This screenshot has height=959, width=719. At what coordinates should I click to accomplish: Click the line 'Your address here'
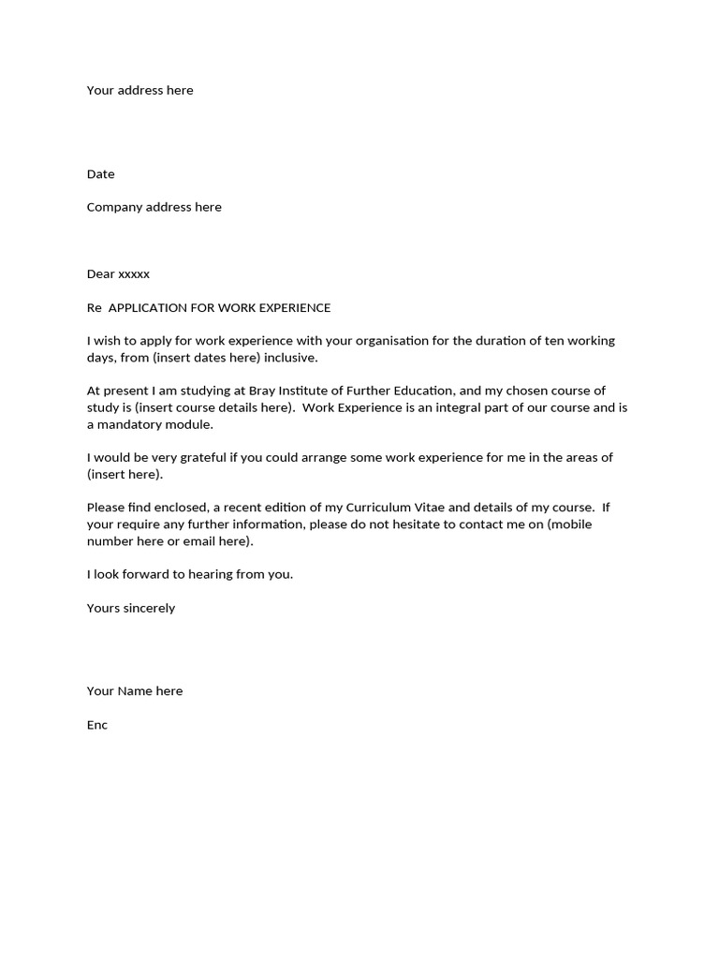coord(140,91)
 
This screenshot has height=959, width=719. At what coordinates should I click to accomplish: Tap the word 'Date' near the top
coord(101,174)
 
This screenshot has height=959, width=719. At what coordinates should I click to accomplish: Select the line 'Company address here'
coord(154,207)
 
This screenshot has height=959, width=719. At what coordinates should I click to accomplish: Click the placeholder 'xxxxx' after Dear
coord(134,274)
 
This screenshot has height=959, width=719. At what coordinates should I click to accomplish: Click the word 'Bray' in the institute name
coord(264,391)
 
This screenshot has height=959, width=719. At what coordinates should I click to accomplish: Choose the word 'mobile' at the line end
coord(572,524)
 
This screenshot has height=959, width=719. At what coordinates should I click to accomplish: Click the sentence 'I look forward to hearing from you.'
coord(190,574)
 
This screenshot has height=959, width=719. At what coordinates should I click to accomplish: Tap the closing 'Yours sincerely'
coord(131,608)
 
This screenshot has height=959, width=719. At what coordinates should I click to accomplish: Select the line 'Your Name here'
coord(135,691)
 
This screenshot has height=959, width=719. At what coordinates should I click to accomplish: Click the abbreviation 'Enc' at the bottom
coord(97,725)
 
